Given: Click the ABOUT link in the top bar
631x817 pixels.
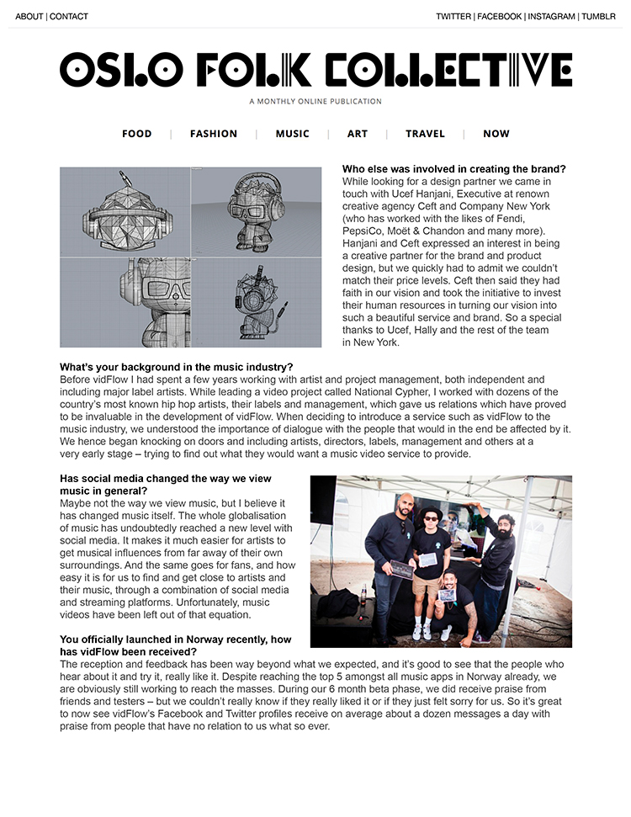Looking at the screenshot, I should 29,16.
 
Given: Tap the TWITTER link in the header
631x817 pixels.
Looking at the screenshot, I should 453,16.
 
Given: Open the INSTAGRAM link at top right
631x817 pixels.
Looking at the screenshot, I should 552,16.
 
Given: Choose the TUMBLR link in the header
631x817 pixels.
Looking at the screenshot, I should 599,16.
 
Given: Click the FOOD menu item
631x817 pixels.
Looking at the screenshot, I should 137,134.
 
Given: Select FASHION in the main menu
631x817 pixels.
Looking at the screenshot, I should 214,134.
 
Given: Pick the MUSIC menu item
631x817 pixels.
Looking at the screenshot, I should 293,134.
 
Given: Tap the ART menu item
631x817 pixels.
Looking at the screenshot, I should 358,134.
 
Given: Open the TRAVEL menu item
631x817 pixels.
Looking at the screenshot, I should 425,134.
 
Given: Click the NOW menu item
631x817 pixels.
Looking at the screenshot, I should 496,134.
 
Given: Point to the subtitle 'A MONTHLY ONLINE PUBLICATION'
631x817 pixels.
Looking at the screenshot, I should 315,102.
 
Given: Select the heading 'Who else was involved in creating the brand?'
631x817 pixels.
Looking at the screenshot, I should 454,169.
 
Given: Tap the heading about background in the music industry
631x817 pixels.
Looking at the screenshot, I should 177,367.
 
